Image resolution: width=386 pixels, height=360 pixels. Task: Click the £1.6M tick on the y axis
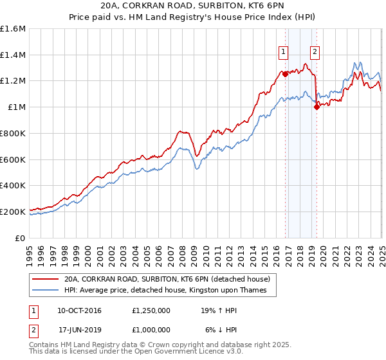(x=13, y=29)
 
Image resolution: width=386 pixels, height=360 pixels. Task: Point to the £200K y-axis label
(x=13, y=212)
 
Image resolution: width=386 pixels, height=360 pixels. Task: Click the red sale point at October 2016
(x=285, y=74)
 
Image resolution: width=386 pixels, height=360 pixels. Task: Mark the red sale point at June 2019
(x=317, y=107)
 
